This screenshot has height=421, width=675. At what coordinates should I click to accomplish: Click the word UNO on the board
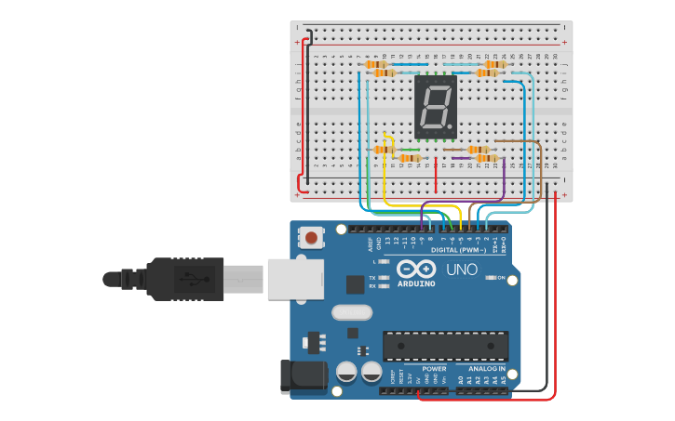tap(463, 270)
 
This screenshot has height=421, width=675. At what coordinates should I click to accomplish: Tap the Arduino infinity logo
tap(415, 270)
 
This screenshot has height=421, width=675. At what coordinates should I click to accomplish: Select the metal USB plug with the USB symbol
tap(196, 278)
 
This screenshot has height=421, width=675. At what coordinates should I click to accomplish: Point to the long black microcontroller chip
tap(445, 346)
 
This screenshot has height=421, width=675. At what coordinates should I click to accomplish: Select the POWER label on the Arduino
tap(434, 369)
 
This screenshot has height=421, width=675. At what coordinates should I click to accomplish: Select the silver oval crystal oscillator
tap(351, 312)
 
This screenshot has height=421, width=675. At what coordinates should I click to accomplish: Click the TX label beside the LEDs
tap(372, 278)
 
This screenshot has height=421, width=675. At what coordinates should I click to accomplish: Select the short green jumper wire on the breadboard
tap(408, 150)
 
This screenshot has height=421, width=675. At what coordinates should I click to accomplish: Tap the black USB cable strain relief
tap(130, 278)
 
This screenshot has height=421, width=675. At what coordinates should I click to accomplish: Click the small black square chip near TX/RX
tap(354, 284)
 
